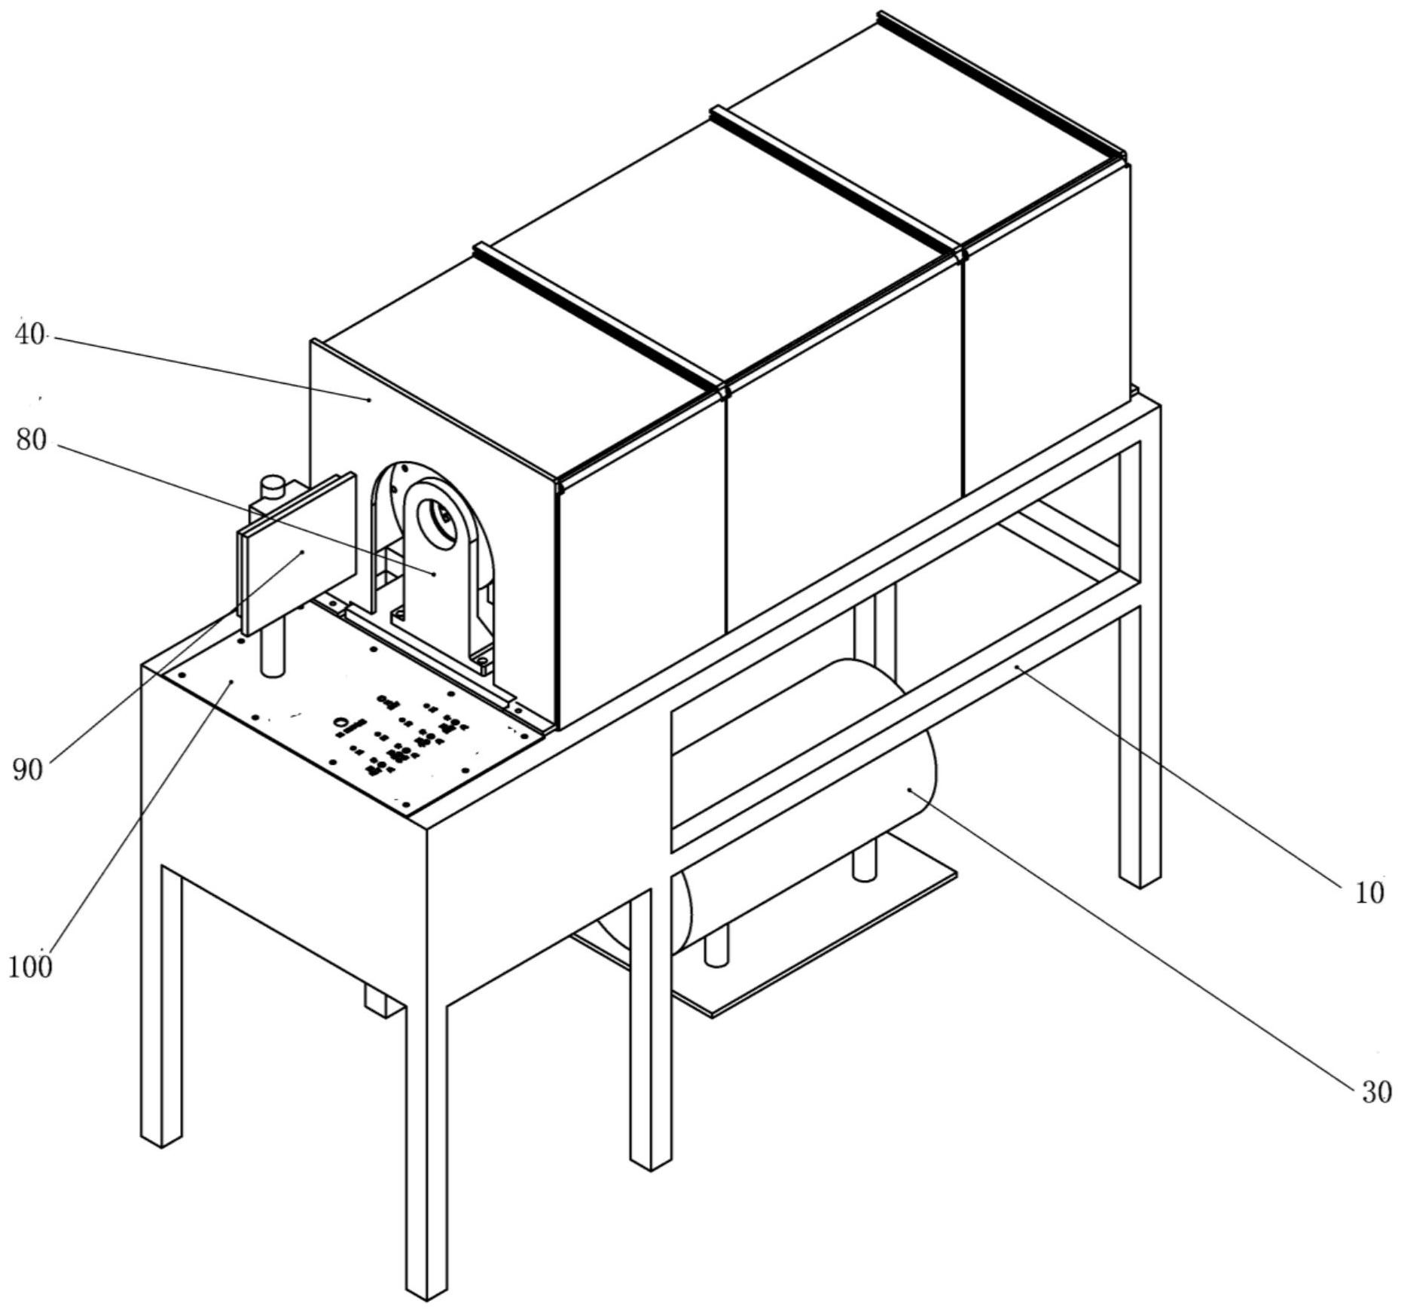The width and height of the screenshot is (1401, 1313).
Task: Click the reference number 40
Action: coord(30,335)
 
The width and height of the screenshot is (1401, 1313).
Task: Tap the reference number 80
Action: coord(32,440)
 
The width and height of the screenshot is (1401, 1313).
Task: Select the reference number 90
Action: coord(28,769)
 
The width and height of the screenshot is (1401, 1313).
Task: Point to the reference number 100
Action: coord(31,965)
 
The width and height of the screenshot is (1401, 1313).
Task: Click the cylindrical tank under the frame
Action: coord(806,806)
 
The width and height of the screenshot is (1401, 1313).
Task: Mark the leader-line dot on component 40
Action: coord(369,400)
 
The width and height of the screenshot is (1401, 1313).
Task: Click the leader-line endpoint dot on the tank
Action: coord(910,789)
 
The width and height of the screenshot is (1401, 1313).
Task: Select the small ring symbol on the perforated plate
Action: coord(342,725)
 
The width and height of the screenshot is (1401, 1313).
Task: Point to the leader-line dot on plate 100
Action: coord(232,681)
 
